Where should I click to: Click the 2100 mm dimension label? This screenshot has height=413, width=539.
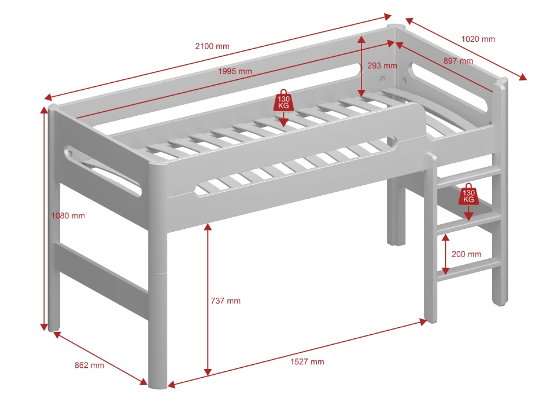(x=212, y=46)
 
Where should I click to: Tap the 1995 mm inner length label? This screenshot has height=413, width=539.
(x=235, y=71)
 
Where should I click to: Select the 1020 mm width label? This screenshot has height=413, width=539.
(x=478, y=39)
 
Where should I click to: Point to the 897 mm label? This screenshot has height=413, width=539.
(x=458, y=61)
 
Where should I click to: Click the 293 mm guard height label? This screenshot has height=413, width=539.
(x=382, y=65)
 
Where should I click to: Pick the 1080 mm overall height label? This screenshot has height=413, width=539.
(x=68, y=216)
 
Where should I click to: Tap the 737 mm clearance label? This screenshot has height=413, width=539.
(x=226, y=301)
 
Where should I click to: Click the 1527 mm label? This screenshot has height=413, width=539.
(x=307, y=361)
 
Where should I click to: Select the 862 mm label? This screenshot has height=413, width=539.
(x=90, y=365)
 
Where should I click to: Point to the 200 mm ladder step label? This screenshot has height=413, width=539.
(x=466, y=254)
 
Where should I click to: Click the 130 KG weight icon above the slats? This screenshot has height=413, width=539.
(x=283, y=100)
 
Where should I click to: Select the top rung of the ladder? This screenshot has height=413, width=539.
(x=469, y=174)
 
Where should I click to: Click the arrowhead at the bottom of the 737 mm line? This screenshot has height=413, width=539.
(x=207, y=372)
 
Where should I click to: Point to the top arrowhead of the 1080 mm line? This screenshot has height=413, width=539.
(x=44, y=110)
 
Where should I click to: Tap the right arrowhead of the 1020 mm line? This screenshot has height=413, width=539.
(x=522, y=77)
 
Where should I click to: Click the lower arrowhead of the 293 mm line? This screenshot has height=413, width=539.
(x=361, y=93)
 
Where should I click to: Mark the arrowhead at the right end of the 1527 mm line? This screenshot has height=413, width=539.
(x=423, y=322)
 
